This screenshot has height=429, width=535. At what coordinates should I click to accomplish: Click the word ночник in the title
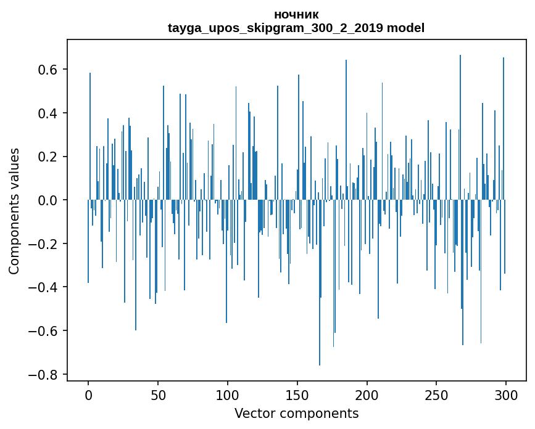(x=296, y=15)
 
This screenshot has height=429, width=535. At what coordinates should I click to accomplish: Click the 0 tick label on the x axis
(x=88, y=394)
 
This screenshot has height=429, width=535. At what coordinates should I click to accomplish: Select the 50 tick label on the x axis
(x=158, y=394)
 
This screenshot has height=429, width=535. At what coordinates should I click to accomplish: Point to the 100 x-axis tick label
(x=228, y=394)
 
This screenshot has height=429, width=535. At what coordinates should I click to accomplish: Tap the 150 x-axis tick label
(x=297, y=394)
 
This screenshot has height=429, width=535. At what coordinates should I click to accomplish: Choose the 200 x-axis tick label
(x=367, y=394)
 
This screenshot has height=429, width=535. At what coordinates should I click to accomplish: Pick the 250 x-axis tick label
(x=436, y=394)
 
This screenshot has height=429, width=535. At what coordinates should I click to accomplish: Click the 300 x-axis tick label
(x=506, y=394)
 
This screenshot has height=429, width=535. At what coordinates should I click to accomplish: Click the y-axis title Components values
(x=15, y=211)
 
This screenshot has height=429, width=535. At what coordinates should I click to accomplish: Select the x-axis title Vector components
(x=296, y=414)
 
